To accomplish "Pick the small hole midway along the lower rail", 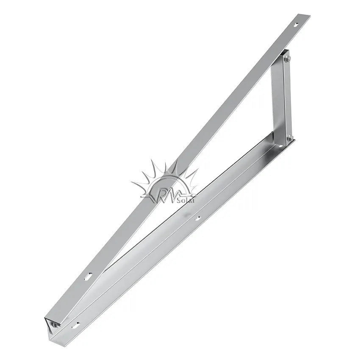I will coord(197,219).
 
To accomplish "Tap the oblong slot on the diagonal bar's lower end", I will coord(89,276).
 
